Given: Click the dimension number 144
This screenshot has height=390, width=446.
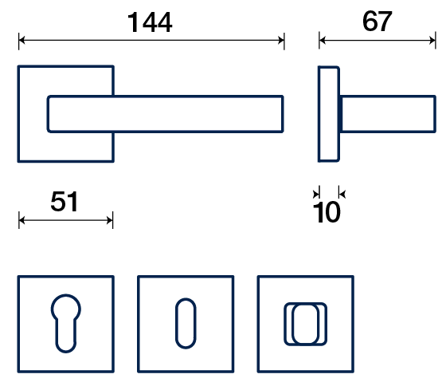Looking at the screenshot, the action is pyautogui.click(x=150, y=22).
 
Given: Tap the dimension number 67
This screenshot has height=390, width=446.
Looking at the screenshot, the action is pyautogui.click(x=378, y=22).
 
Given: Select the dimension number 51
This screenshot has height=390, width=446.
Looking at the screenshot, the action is pyautogui.click(x=65, y=202).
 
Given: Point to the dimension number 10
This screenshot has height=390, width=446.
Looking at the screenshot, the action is pyautogui.click(x=327, y=212).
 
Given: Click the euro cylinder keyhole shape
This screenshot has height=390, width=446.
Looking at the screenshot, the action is pyautogui.click(x=65, y=324).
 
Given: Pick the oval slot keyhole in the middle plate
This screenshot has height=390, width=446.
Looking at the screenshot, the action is pyautogui.click(x=186, y=324).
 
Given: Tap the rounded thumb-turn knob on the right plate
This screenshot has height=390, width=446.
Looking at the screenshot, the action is pyautogui.click(x=306, y=324).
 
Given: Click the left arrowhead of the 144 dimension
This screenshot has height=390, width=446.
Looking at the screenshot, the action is pyautogui.click(x=22, y=41).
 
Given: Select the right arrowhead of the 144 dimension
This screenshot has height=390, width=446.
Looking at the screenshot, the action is pyautogui.click(x=281, y=41).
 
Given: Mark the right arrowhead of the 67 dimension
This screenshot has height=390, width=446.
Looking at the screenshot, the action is pyautogui.click(x=432, y=41).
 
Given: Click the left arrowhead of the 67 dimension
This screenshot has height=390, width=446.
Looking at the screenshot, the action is pyautogui.click(x=323, y=41).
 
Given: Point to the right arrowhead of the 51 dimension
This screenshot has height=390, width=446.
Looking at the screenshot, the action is pyautogui.click(x=110, y=220).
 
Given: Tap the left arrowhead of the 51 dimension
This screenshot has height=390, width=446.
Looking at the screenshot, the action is pyautogui.click(x=22, y=220).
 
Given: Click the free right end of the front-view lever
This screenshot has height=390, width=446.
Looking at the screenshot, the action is pyautogui.click(x=283, y=114).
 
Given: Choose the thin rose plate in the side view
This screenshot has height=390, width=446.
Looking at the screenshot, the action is pyautogui.click(x=329, y=114).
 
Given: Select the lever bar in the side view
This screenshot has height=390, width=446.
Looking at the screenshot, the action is pyautogui.click(x=389, y=114).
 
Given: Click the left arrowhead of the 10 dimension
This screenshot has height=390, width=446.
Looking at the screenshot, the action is pyautogui.click(x=316, y=195).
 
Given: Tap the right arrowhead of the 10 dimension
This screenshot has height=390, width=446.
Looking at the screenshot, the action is pyautogui.click(x=342, y=195).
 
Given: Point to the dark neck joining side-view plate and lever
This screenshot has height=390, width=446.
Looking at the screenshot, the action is pyautogui.click(x=341, y=114).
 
